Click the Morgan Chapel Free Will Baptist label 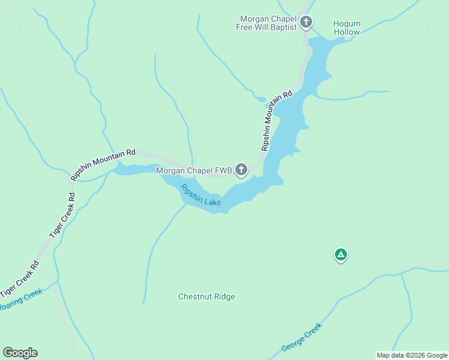268,23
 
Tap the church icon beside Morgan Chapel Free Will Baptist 306,23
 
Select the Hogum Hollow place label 346,28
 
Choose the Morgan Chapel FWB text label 194,171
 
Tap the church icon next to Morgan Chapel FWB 241,170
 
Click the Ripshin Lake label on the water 200,196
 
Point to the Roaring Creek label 20,300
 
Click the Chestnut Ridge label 206,297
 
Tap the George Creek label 302,337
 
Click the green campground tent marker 340,255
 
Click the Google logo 20,353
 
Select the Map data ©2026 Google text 412,355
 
